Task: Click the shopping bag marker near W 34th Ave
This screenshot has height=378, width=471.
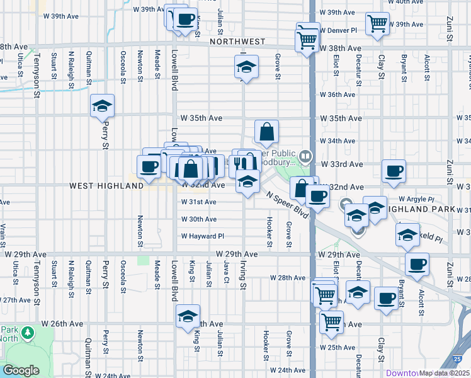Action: click(x=267, y=132)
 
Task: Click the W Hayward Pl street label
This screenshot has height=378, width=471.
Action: click(x=202, y=236)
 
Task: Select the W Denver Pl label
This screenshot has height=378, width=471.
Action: click(x=338, y=30)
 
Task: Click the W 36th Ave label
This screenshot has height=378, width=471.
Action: click(x=338, y=94)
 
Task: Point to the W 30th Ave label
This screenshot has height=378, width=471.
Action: click(x=199, y=219)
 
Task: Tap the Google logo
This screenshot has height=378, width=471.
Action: click(x=21, y=371)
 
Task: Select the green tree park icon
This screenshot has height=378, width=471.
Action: click(x=27, y=332)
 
